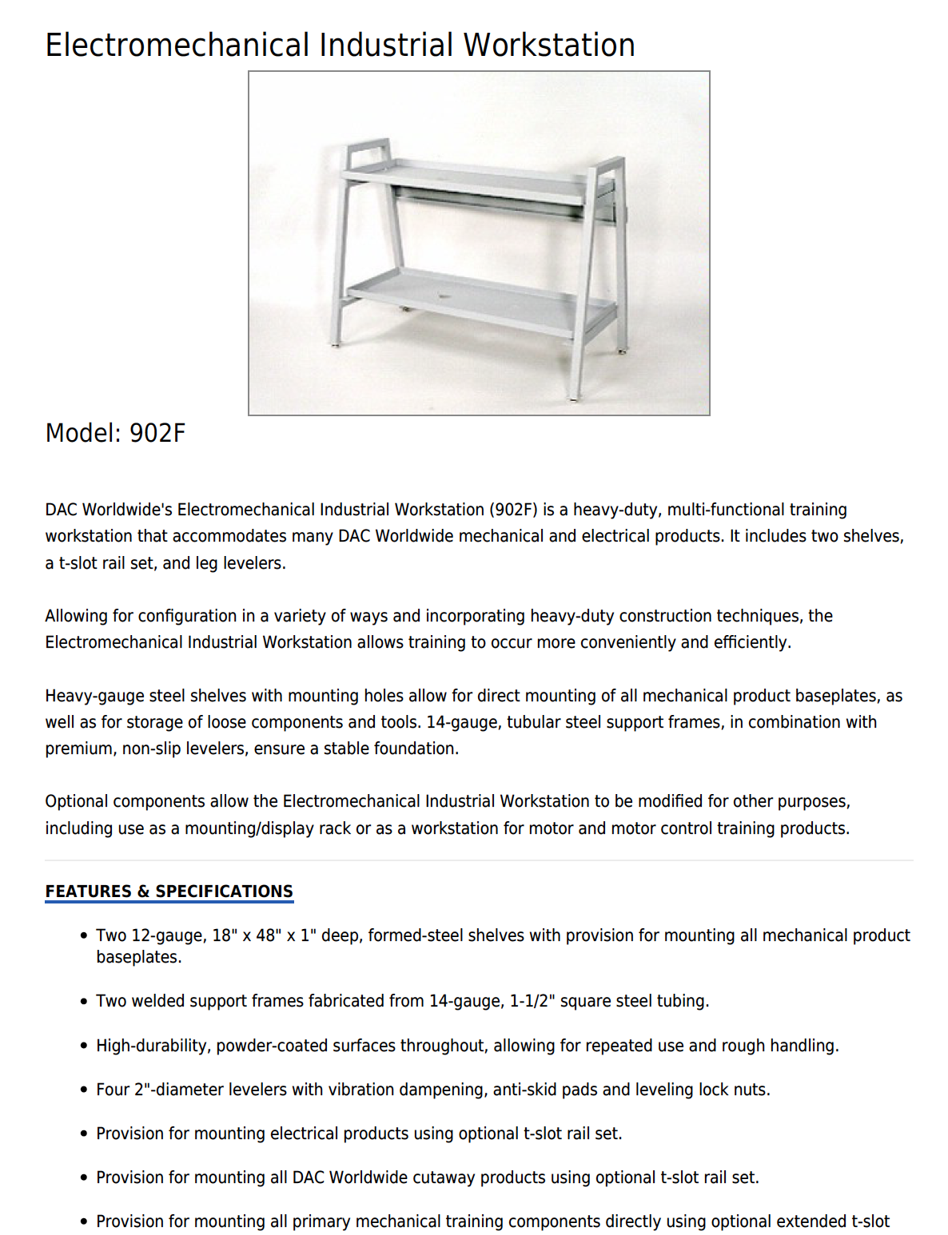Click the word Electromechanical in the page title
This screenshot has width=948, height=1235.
tap(177, 45)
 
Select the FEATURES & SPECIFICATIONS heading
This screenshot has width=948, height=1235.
tap(169, 892)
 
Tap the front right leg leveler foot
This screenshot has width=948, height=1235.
tap(575, 395)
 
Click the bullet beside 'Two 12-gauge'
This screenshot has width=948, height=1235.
tap(84, 935)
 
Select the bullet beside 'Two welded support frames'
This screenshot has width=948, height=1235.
tap(84, 1002)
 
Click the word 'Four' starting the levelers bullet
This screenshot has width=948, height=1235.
tap(113, 1090)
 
